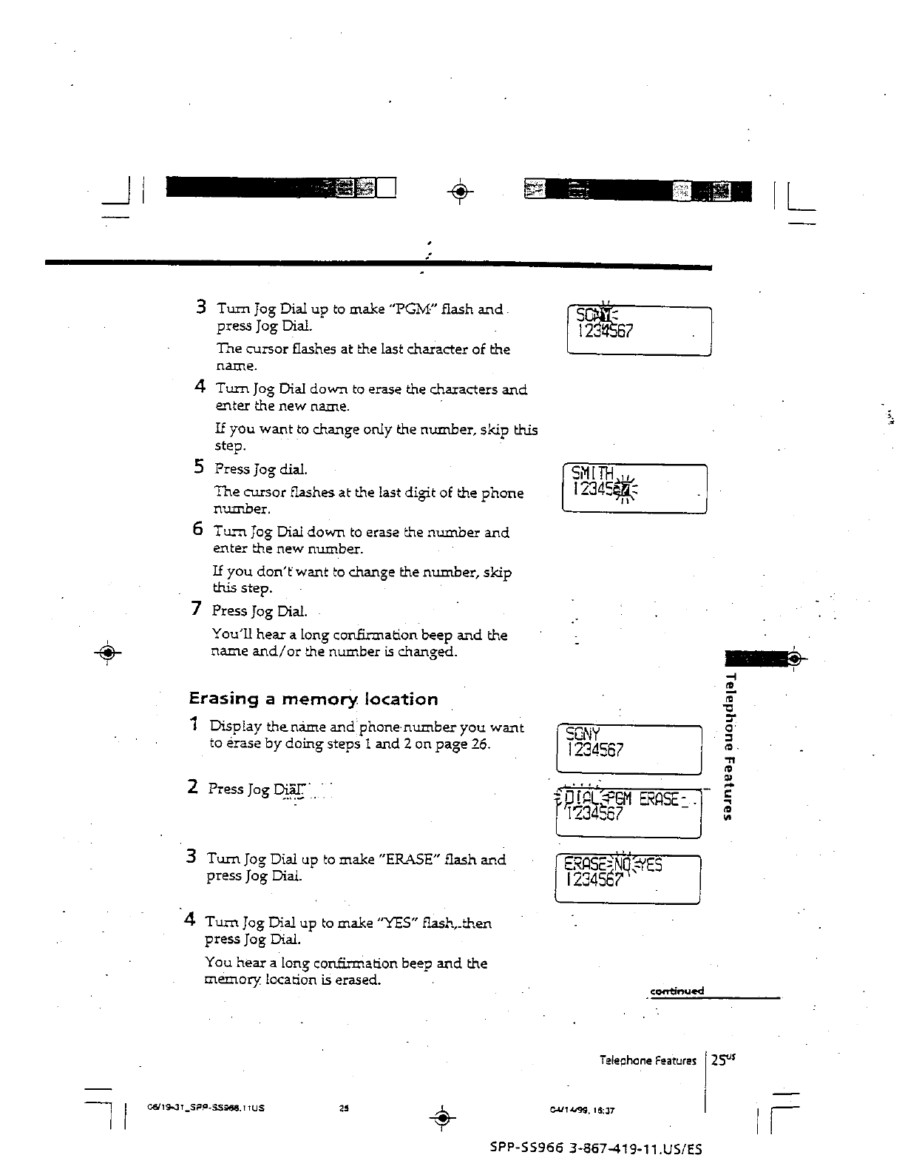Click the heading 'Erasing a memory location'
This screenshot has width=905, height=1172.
point(313,699)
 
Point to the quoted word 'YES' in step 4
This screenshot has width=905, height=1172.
point(399,923)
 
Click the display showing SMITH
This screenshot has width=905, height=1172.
point(634,488)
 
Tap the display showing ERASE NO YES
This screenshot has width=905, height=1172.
point(627,878)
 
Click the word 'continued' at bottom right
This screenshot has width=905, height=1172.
point(677,991)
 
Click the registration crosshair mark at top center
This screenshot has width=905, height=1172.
point(460,192)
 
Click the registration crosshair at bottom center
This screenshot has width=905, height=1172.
point(441,1118)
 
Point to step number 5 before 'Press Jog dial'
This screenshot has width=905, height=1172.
point(199,467)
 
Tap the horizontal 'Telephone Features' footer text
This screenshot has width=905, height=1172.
point(648,1060)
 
